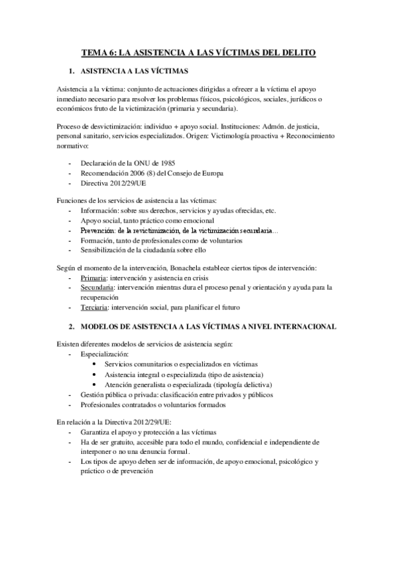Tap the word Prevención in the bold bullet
98,230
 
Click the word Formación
97,240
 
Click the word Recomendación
105,173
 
